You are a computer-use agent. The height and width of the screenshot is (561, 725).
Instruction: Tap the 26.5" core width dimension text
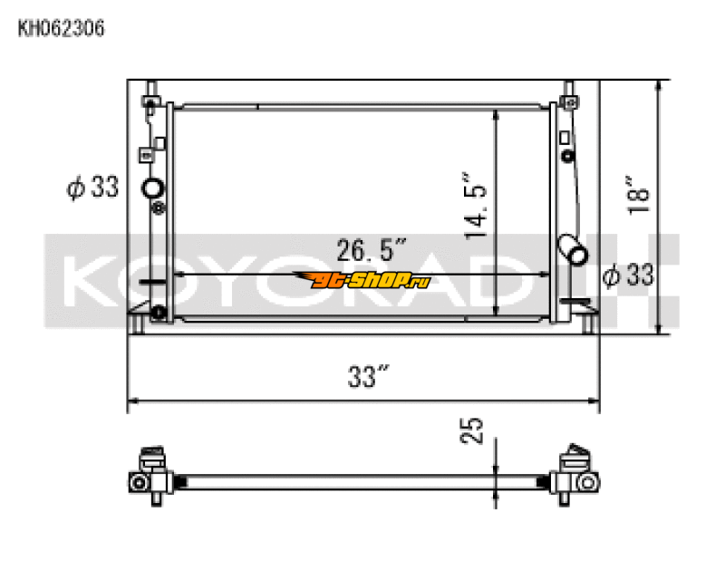pyautogui.click(x=372, y=247)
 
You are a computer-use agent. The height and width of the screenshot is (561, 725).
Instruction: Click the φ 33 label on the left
pyautogui.click(x=92, y=188)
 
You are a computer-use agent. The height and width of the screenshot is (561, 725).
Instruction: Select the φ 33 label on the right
pyautogui.click(x=628, y=275)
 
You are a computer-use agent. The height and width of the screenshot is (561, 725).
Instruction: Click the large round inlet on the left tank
pyautogui.click(x=153, y=189)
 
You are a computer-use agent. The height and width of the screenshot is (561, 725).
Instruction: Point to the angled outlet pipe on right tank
pyautogui.click(x=573, y=249)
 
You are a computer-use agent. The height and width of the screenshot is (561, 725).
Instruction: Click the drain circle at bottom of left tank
pyautogui.click(x=159, y=314)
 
